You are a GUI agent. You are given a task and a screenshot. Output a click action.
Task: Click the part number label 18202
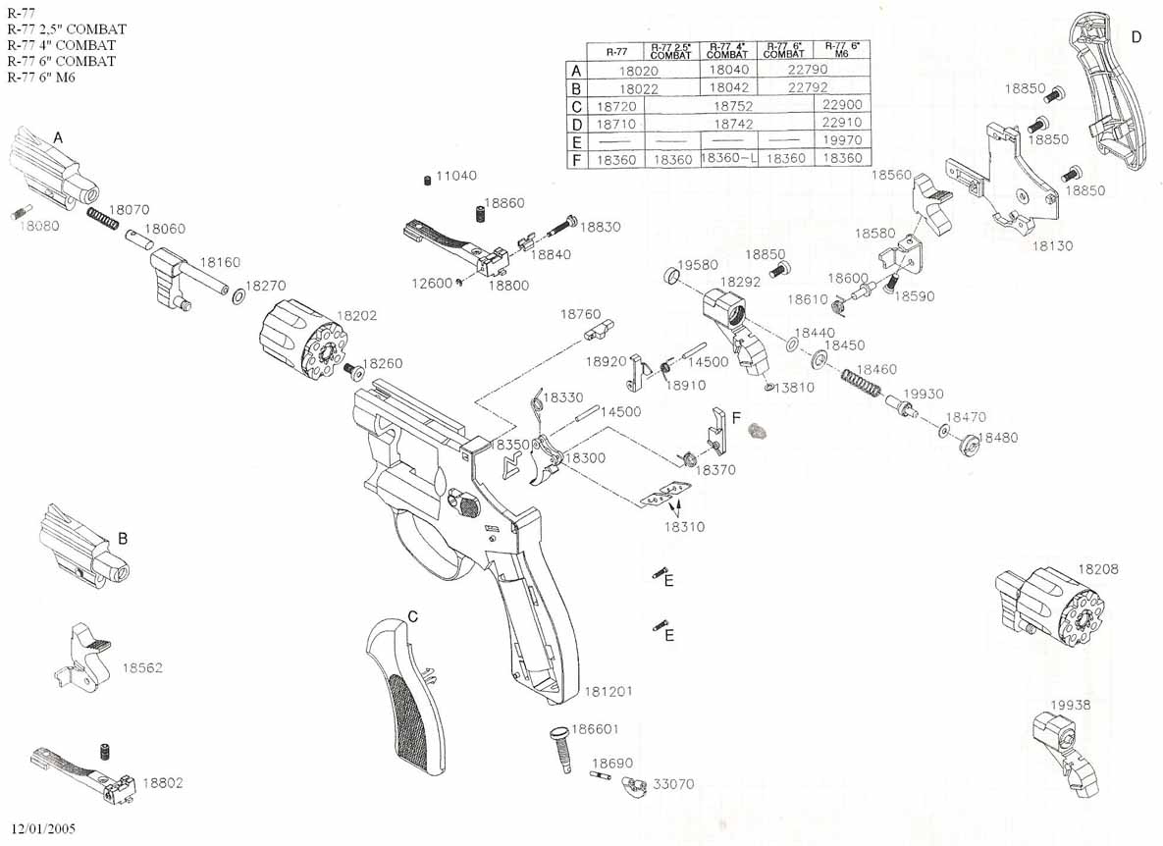[357, 317]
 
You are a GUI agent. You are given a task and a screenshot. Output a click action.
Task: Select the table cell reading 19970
[843, 140]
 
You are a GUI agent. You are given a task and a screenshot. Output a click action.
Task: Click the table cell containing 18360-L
[728, 158]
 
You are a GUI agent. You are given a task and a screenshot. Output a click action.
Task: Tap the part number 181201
[608, 692]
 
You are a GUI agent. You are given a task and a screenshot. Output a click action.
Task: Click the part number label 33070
[673, 784]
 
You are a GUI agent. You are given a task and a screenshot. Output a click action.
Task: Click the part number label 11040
[456, 176]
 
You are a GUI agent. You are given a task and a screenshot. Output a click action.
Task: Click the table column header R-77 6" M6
[843, 50]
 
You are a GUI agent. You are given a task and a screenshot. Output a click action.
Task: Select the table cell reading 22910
[843, 123]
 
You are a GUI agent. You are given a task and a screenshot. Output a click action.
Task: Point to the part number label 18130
[1051, 246]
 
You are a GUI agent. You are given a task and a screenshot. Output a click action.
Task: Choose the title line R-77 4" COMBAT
[62, 45]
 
